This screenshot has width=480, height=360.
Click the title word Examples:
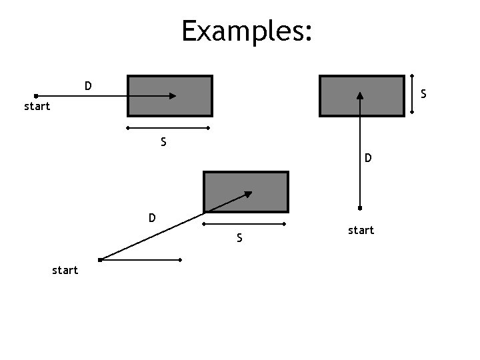point(246,30)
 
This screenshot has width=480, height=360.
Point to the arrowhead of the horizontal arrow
point(173,95)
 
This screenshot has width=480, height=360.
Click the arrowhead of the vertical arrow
point(360,95)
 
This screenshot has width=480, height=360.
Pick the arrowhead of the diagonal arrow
point(249,194)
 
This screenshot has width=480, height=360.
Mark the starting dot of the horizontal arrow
point(35,95)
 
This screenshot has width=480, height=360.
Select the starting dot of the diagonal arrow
point(99,259)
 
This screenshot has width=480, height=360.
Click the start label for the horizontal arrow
point(37,106)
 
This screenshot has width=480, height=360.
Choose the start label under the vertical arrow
point(361,230)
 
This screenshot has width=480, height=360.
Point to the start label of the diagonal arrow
point(65,270)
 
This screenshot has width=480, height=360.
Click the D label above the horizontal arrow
point(88,86)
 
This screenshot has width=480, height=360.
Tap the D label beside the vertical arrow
point(368,158)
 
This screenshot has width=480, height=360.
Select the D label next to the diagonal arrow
point(152,218)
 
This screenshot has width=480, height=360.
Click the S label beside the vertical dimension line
point(423,95)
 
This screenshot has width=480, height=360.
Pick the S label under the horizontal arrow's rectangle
point(163,141)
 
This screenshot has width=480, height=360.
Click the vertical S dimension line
point(412,95)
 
